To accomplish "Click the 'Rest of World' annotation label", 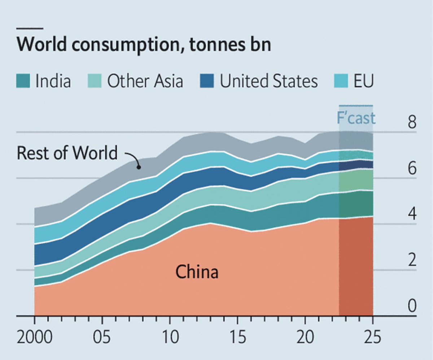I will click(x=67, y=153).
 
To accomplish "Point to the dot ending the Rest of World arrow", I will click(x=138, y=167).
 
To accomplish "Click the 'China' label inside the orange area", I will click(x=197, y=272).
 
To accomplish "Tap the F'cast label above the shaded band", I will click(x=356, y=118).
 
